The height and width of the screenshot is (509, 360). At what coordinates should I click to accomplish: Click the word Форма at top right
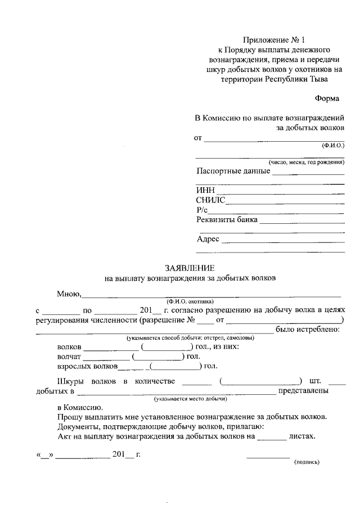327,98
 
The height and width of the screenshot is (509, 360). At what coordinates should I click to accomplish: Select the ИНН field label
204,190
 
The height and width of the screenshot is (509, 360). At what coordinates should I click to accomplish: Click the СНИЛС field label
211,200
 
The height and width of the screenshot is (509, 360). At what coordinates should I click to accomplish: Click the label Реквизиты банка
227,219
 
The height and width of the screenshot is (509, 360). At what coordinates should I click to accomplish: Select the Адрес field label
208,239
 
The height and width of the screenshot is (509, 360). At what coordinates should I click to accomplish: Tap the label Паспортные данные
233,171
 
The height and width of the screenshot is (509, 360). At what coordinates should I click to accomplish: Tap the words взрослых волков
87,366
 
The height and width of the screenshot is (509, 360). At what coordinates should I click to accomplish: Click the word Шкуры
70,381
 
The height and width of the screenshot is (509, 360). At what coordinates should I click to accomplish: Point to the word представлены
303,390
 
